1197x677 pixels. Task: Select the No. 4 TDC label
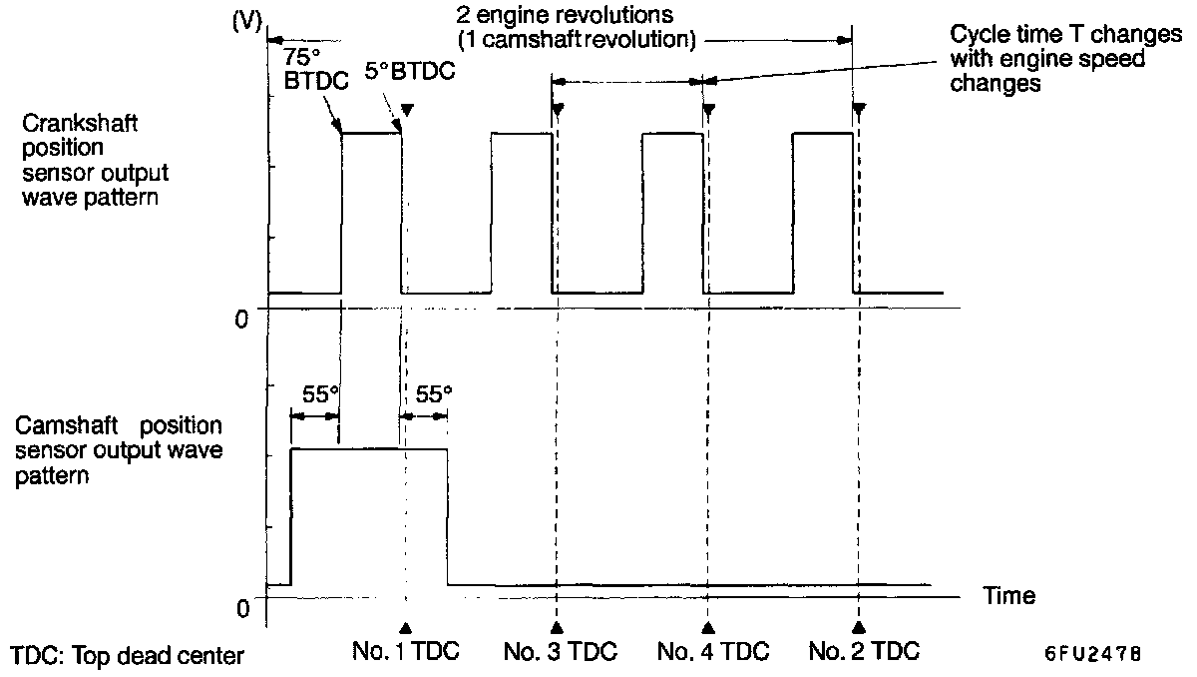713,652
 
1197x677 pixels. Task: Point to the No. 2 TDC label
864,652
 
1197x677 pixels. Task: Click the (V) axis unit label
245,21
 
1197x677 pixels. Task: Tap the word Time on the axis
1009,596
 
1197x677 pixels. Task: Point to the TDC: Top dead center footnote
127,656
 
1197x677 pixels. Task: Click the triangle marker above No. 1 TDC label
406,627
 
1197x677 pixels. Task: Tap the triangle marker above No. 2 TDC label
859,627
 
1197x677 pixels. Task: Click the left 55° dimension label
315,393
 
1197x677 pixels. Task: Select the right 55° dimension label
432,393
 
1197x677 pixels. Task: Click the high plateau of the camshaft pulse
369,449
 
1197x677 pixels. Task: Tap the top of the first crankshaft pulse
371,133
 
